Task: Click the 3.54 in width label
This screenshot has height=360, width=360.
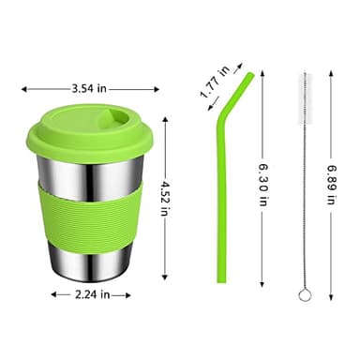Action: pyautogui.click(x=89, y=90)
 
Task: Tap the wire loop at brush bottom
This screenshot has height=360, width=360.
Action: pyautogui.click(x=303, y=297)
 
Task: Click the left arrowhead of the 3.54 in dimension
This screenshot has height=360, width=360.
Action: pyautogui.click(x=23, y=90)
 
